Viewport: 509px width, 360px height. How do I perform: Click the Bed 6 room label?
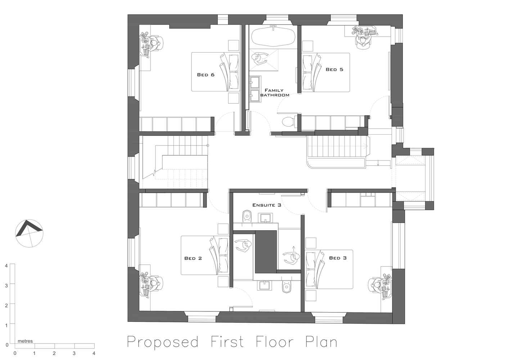coord(206,75)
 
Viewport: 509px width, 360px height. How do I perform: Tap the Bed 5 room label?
coord(334,69)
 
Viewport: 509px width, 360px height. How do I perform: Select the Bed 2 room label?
coord(193,258)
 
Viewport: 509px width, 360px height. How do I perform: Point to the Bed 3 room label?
coord(338,258)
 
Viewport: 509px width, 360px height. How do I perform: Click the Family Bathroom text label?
coord(274,93)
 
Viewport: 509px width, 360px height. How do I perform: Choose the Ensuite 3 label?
coord(266,205)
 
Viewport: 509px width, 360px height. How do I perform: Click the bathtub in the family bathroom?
coord(273,37)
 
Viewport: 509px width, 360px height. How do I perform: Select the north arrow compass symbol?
coord(29,233)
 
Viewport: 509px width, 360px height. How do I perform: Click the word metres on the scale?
coord(25,341)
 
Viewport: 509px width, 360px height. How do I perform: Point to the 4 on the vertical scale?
coord(6,266)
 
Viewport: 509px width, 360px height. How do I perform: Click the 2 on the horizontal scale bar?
coord(54,353)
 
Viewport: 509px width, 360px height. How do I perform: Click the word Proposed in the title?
coord(163,342)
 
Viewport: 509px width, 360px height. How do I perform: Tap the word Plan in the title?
coord(321,342)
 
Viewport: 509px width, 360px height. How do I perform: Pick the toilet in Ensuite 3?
coord(247,216)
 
